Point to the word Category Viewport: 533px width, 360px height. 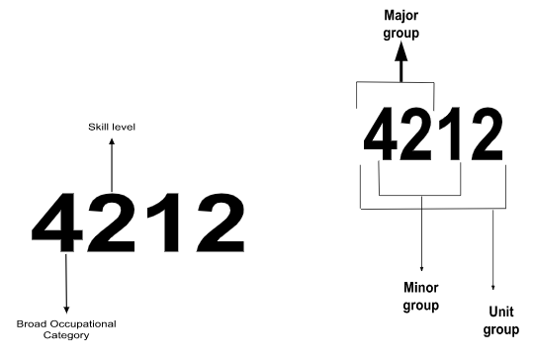coord(65,335)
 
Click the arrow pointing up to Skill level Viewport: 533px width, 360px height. coord(112,163)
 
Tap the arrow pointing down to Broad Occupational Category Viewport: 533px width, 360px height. coord(66,284)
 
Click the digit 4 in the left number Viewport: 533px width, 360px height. coord(64,221)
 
